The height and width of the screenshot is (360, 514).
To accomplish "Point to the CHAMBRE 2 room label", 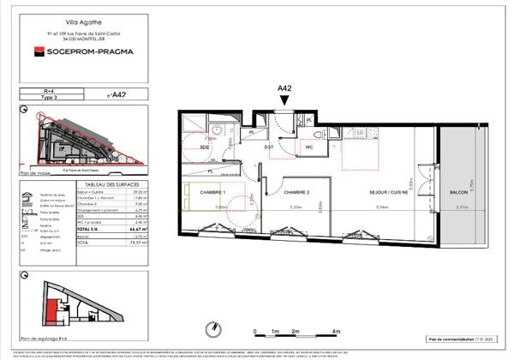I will coord(297,194).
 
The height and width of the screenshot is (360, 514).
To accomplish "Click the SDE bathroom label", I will coord(205,147).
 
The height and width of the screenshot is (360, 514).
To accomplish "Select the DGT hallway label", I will coord(268,147).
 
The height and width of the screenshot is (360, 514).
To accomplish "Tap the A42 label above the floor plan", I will coord(285,87).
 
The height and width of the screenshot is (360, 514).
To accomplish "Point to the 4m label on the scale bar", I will coord(337,332).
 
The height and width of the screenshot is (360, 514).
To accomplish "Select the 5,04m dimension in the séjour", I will coord(384,207).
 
